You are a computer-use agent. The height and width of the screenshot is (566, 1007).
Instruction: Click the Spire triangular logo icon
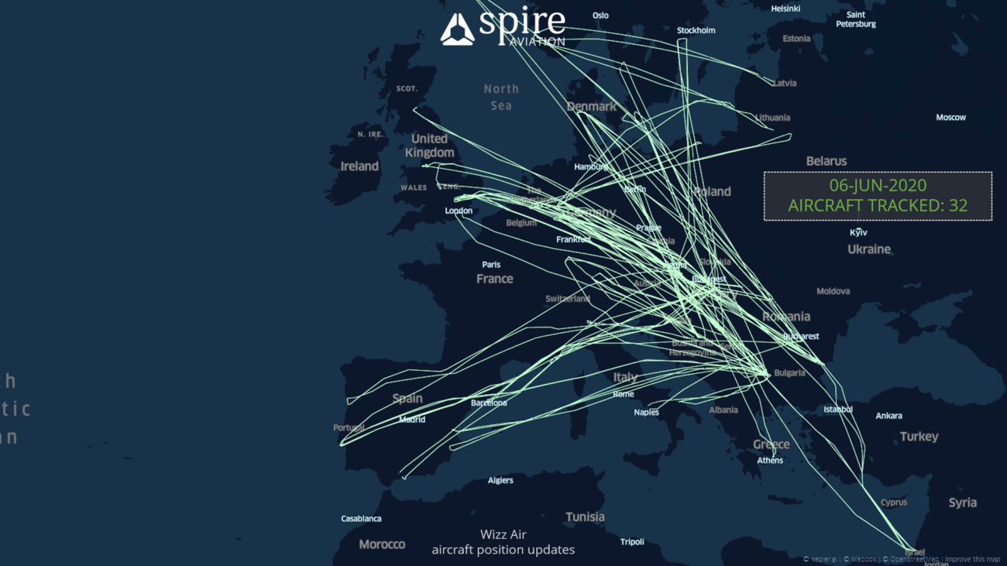click(457, 29)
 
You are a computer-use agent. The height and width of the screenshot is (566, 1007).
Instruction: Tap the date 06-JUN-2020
click(878, 186)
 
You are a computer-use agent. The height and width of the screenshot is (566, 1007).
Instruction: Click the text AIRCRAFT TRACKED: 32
click(878, 206)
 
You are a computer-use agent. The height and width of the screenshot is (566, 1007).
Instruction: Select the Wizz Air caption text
click(503, 534)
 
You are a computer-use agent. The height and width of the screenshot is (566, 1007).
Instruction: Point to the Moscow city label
click(950, 118)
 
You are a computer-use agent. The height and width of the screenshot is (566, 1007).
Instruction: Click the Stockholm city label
click(696, 31)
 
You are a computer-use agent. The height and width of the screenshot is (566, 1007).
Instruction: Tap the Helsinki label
click(785, 9)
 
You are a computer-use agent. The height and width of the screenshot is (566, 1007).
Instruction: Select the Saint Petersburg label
click(855, 19)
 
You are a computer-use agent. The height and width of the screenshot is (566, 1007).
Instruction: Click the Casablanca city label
click(361, 519)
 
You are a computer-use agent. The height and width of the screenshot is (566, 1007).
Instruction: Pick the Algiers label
click(500, 480)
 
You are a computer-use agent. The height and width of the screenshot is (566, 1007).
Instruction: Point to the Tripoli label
click(632, 542)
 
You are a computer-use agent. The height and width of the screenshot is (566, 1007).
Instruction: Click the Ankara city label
click(888, 416)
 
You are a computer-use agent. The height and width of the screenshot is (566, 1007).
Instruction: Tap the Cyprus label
click(893, 503)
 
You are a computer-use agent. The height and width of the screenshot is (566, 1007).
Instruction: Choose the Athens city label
click(770, 461)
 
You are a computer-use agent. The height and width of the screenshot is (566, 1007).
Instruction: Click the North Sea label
click(501, 98)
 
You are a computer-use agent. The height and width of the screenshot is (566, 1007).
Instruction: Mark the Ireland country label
click(359, 166)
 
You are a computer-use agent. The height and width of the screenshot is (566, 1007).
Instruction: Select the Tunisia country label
click(585, 517)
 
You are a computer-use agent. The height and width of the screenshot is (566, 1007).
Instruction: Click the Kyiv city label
click(858, 232)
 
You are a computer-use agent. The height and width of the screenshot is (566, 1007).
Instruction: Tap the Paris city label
click(491, 265)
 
